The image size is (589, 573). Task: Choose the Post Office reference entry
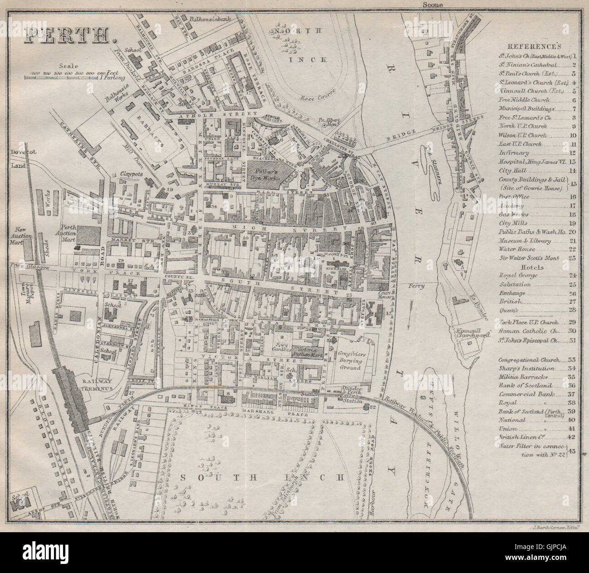tap(512, 197)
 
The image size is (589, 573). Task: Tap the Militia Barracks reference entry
tap(520, 377)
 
